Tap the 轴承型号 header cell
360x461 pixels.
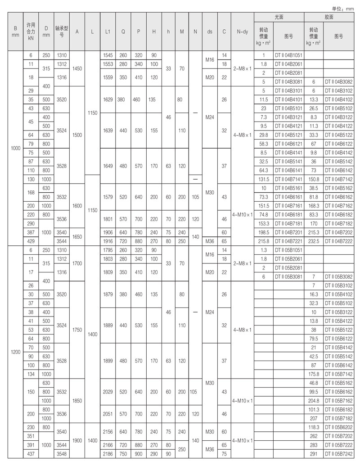coord(61,32)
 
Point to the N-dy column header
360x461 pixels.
coord(242,32)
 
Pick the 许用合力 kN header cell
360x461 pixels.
coord(30,32)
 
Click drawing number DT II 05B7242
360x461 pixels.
coord(339,454)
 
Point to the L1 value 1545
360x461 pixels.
coord(108,55)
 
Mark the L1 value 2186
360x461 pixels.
coord(108,454)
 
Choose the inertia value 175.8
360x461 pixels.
coord(314,374)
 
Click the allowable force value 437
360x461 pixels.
coord(30,454)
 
